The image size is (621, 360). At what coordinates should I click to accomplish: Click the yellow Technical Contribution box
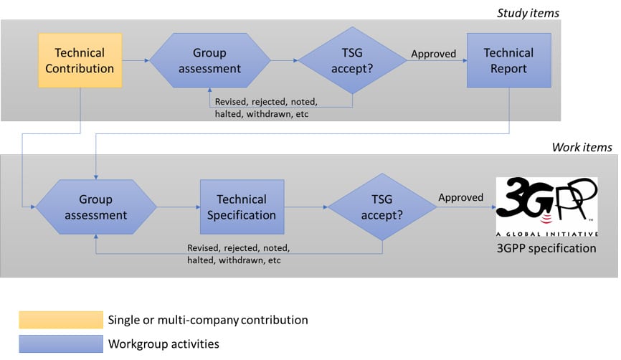[80, 61]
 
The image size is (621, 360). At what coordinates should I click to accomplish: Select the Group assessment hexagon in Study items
[209, 61]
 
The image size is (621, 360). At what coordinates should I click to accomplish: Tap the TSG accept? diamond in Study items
[352, 61]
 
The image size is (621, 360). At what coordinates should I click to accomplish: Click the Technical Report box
[508, 61]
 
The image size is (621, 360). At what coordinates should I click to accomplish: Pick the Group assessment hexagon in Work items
[96, 207]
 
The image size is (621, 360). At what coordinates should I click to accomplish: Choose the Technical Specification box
[242, 207]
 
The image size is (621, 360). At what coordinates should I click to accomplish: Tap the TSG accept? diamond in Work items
[381, 207]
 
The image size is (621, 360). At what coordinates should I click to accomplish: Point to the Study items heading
[528, 12]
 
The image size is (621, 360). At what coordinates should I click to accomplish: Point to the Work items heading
[582, 147]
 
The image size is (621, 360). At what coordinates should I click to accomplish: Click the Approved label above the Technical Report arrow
[433, 53]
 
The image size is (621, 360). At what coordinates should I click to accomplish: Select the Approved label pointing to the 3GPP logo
[461, 197]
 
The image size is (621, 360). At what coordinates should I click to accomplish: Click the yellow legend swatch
[61, 320]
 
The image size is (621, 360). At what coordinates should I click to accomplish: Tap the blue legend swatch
[61, 344]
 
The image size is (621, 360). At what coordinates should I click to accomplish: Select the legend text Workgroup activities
[163, 344]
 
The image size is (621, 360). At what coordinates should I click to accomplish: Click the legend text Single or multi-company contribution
[207, 320]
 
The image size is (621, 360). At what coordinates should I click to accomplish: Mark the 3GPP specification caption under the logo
[547, 249]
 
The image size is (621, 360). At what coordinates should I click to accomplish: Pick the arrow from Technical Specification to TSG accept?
[305, 207]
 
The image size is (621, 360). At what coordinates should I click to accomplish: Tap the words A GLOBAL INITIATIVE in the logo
[547, 232]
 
